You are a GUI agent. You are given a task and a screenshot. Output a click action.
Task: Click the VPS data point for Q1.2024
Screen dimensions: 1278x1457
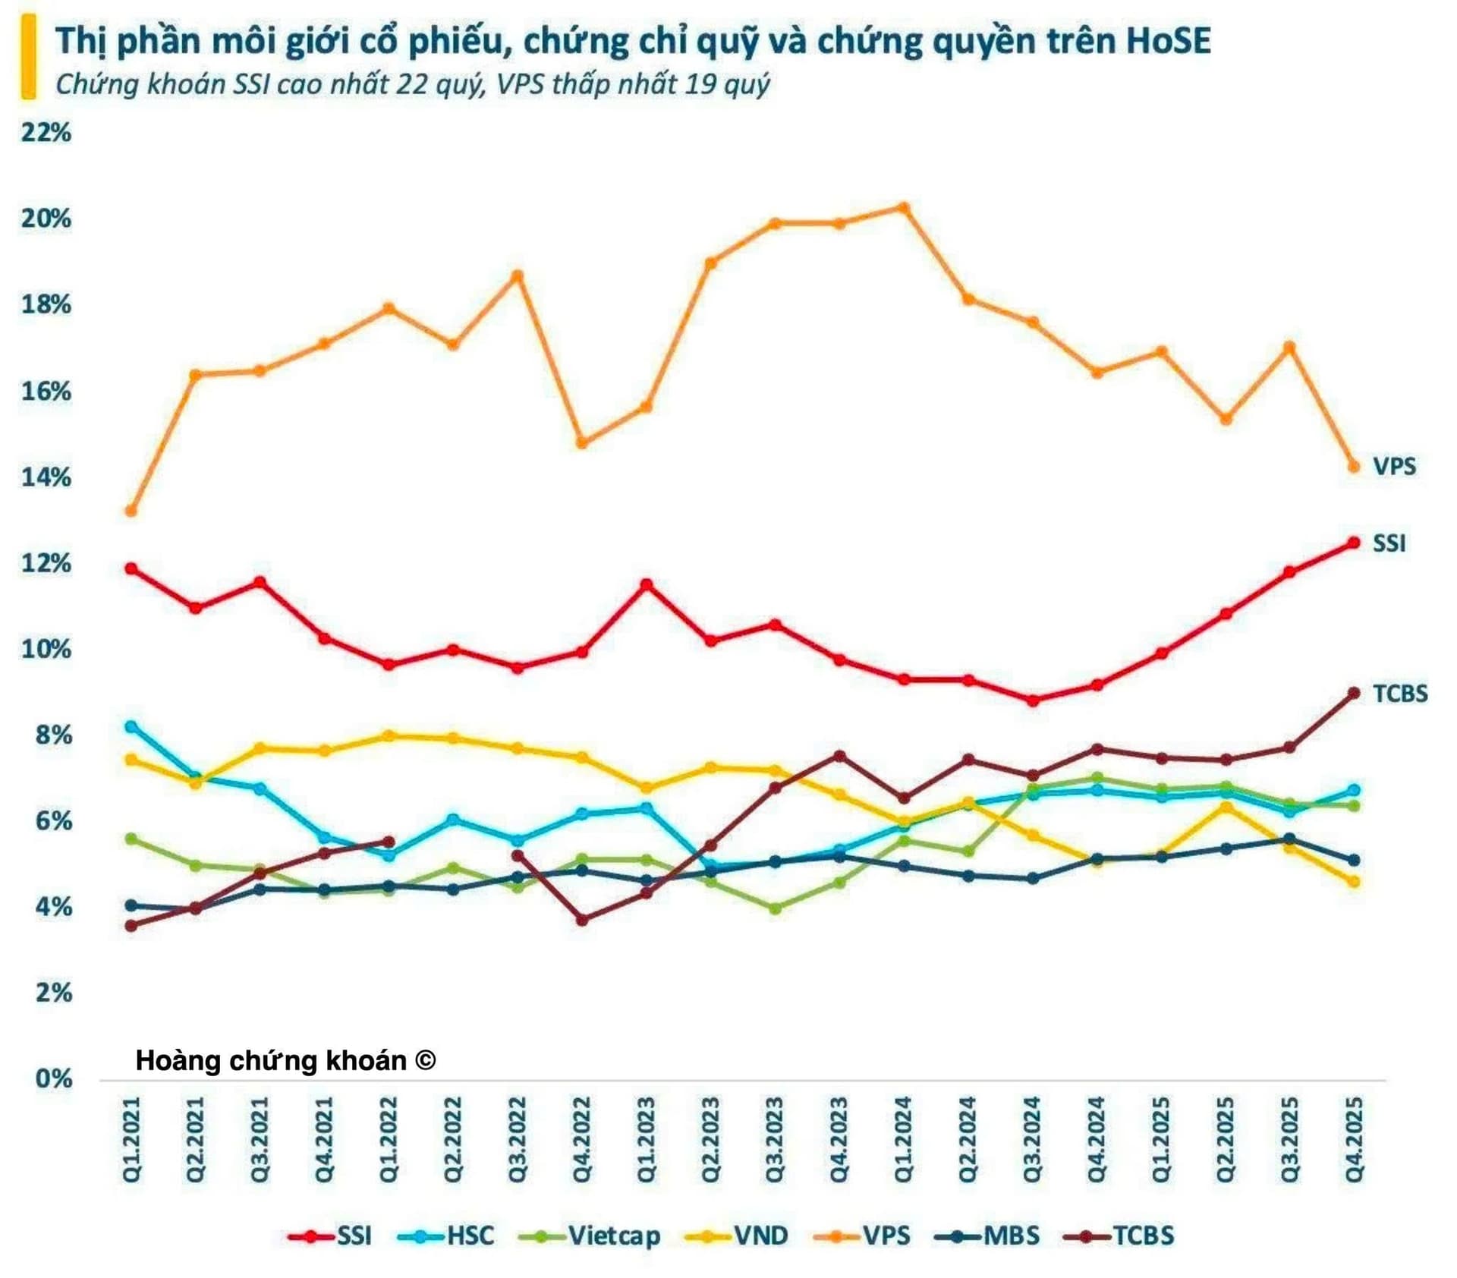tap(903, 207)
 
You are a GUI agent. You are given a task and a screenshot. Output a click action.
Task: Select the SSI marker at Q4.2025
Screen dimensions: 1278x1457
tap(1353, 543)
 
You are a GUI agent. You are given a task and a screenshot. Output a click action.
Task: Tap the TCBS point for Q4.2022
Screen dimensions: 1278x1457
tap(582, 920)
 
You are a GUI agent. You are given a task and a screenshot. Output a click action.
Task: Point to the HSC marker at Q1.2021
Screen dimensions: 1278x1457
tap(131, 726)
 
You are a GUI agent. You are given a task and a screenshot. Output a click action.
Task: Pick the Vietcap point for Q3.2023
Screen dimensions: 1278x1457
tap(775, 908)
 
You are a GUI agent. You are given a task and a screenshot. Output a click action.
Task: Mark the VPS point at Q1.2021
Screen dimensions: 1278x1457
tap(131, 511)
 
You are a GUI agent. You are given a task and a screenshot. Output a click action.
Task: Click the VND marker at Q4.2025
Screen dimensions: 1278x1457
tap(1353, 881)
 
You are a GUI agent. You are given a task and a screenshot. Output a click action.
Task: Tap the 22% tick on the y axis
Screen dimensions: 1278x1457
tap(46, 133)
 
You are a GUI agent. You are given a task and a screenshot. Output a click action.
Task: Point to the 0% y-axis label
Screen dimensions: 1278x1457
tap(53, 1078)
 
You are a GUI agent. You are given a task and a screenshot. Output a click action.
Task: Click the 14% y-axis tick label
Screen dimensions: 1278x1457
tap(46, 477)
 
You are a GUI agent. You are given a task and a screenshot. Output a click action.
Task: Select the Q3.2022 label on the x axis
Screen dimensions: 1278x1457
tap(518, 1139)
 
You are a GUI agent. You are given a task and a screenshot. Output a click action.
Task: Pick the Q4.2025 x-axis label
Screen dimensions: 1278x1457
tap(1354, 1139)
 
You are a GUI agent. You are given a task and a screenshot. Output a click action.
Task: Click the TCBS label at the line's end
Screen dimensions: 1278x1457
tap(1400, 694)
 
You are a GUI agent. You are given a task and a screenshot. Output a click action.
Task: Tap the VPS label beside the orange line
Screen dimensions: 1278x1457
tap(1394, 466)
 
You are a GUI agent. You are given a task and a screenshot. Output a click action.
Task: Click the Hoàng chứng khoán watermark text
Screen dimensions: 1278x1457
tap(285, 1060)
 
